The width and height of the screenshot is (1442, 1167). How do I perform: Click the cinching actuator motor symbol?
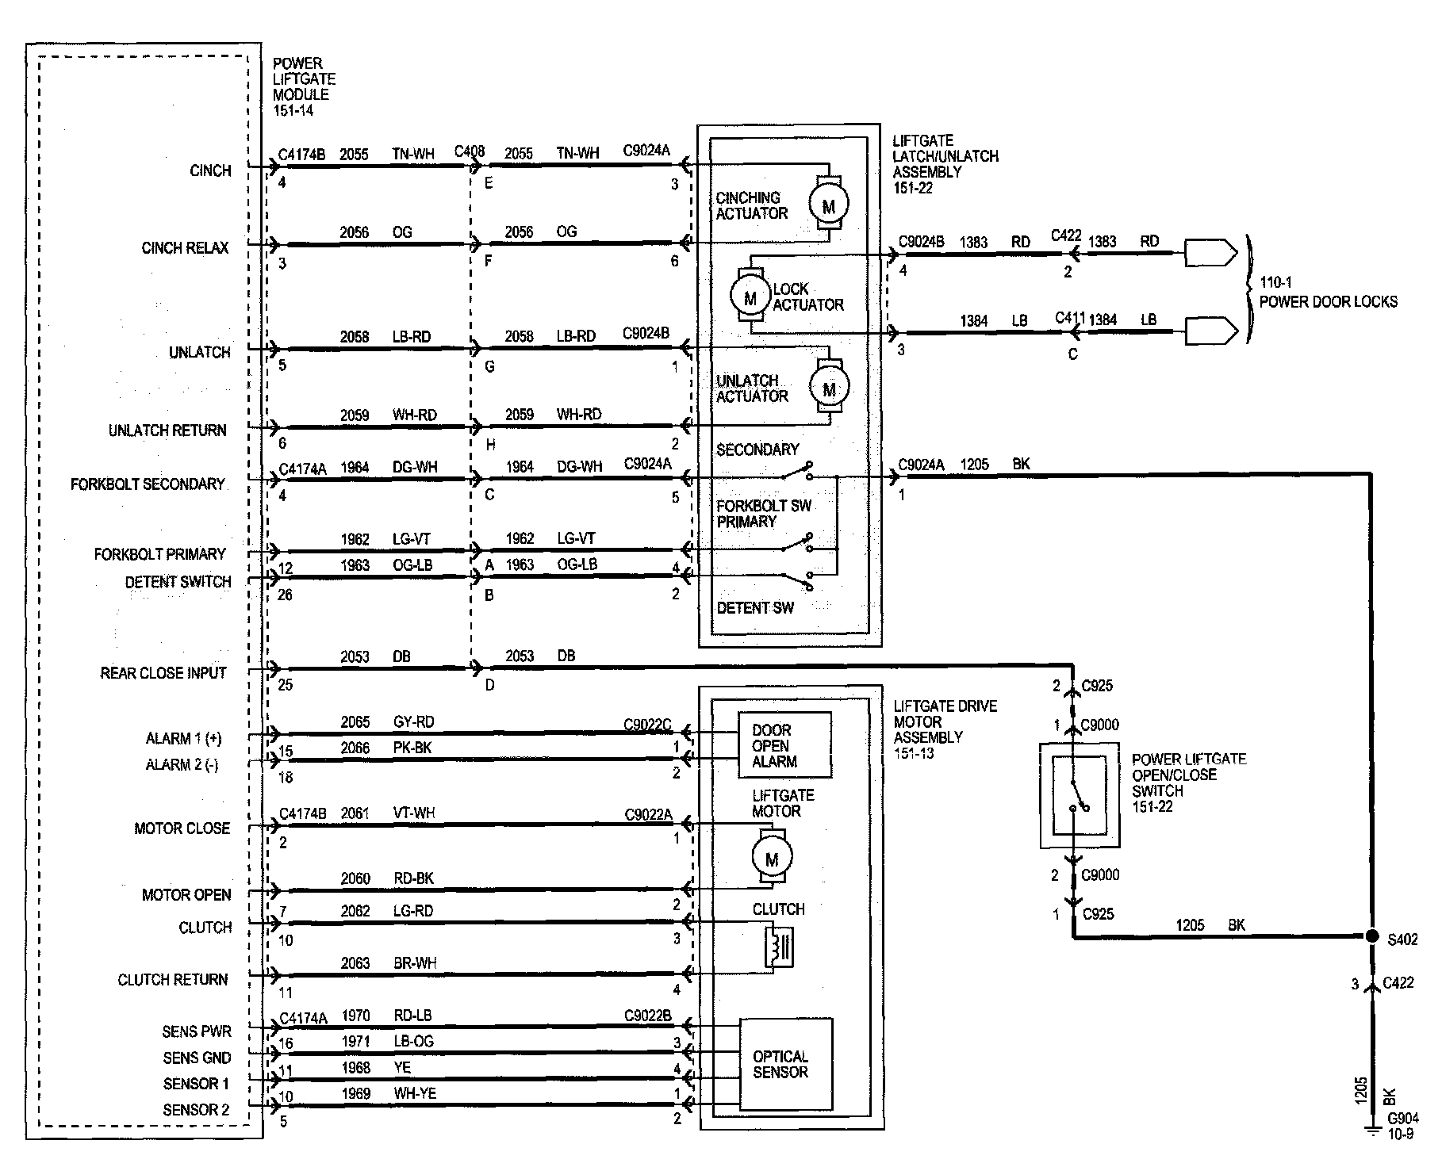828,206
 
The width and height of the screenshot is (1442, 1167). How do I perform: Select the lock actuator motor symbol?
750,297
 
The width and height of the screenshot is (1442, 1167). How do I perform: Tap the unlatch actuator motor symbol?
829,388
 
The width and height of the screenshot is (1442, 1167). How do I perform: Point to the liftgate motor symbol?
772,858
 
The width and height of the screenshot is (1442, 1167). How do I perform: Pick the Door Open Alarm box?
784,745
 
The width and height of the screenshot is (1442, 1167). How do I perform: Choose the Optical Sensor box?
786,1065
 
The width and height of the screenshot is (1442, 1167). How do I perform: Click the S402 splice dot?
1371,936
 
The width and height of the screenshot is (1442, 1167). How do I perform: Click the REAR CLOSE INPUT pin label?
163,673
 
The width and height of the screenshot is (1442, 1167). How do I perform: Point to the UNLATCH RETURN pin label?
167,430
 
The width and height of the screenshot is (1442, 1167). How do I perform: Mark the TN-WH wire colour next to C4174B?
413,154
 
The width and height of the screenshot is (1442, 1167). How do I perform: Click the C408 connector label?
470,152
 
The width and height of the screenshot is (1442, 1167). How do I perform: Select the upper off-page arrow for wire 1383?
1210,252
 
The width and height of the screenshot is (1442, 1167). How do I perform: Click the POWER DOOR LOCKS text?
1329,301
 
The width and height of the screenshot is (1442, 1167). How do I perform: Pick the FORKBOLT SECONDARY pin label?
148,484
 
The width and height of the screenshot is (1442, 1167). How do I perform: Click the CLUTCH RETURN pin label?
172,980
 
